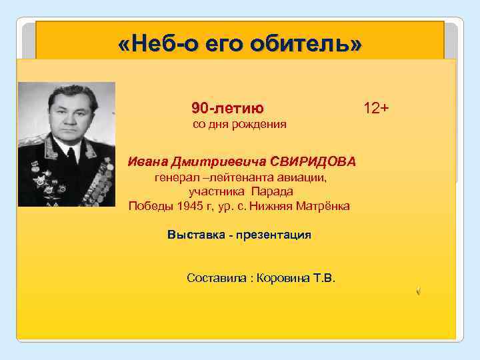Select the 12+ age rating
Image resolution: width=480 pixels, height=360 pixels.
(377, 107)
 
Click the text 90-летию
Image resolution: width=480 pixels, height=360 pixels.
(227, 108)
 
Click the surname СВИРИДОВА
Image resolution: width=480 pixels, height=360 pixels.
(313, 162)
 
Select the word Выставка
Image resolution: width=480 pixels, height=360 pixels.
(193, 235)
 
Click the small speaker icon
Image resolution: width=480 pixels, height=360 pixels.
(418, 291)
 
